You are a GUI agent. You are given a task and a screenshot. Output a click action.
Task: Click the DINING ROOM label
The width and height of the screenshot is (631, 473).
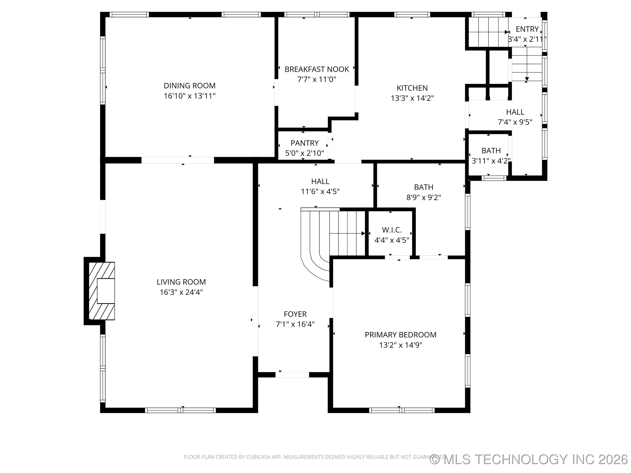click(x=190, y=86)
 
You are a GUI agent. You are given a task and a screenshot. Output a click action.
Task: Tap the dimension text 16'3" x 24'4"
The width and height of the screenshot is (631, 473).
click(x=181, y=292)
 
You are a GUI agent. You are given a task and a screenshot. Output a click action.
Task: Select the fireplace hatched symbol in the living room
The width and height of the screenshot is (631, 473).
click(x=102, y=291)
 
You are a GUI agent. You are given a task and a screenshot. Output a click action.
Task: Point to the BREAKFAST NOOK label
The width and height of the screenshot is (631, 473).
click(x=317, y=69)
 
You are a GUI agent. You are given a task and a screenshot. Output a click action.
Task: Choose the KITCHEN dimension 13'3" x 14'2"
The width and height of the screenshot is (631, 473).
click(x=412, y=98)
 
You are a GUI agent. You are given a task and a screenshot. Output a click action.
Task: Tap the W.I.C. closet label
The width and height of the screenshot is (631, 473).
click(x=392, y=230)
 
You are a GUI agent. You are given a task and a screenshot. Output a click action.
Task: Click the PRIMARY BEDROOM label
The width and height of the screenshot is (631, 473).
click(x=401, y=335)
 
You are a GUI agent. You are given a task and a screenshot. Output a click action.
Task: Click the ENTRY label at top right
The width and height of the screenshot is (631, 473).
click(x=527, y=29)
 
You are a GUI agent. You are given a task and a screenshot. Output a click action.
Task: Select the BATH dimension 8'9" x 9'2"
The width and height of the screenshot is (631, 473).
click(x=424, y=197)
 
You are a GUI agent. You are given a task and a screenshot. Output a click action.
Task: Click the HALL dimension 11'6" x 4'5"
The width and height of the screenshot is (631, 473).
click(x=320, y=192)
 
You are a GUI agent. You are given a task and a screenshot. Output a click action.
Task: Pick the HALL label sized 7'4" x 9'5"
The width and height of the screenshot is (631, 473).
click(x=515, y=112)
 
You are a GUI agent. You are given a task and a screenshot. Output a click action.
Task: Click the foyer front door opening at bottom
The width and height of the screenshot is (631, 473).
click(x=292, y=375)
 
